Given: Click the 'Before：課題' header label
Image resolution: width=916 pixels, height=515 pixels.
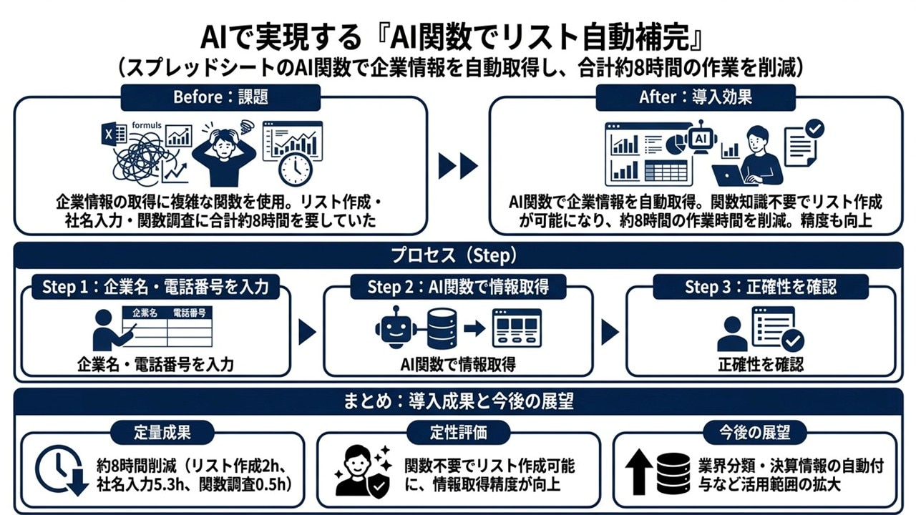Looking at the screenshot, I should pos(220,97).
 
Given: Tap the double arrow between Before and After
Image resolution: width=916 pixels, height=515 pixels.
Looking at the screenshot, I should pos(458,167).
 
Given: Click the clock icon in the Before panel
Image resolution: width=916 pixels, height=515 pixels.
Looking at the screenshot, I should pos(294,170).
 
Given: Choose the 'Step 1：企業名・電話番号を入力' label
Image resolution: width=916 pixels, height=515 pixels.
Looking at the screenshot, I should pos(155,288).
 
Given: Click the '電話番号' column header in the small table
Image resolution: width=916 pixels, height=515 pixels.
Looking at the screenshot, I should pos(190,313).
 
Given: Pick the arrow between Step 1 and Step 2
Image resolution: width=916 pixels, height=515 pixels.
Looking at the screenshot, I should pos(307,332).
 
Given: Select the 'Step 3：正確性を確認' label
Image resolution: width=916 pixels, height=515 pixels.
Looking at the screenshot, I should pos(761,288).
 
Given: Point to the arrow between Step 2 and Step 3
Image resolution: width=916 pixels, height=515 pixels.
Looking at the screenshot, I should pos(610,332).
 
